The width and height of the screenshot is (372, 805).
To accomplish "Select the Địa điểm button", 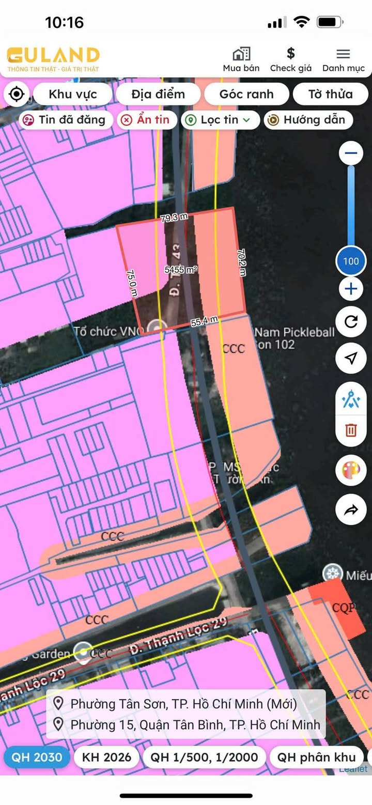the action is [x=158, y=94].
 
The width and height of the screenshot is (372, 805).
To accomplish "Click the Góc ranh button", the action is [x=246, y=94].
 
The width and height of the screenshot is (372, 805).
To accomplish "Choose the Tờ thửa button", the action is [x=330, y=94].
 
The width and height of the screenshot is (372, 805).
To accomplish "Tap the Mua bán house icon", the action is [x=241, y=54].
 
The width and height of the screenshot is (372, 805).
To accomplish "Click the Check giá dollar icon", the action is [x=291, y=54].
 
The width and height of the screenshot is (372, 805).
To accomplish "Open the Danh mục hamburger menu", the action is [x=343, y=54].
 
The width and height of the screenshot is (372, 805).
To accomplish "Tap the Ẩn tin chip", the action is [x=147, y=120].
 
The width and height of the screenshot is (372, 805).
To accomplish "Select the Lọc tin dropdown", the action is [x=219, y=120].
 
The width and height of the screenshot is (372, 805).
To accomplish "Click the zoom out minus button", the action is [x=351, y=153].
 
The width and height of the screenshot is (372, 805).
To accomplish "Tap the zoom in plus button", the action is [x=351, y=288].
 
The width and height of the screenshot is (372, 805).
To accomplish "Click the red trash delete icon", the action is [x=351, y=430].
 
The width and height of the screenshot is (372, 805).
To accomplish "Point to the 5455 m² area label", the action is [x=181, y=270].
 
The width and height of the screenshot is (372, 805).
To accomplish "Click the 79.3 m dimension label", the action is [x=174, y=218].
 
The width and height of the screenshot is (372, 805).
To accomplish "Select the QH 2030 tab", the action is [x=37, y=757].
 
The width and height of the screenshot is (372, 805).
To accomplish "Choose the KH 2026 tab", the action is [x=106, y=757].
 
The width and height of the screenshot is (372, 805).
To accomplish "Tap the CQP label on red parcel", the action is [x=344, y=608].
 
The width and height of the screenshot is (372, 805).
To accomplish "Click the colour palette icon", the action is [x=351, y=470].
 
